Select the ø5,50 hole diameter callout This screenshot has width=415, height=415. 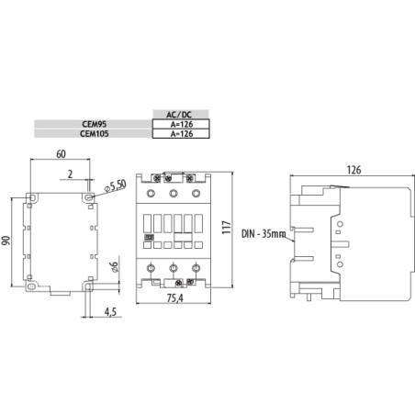(116, 185)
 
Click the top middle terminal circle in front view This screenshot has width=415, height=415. (172, 195)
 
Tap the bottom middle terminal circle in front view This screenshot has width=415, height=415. (172, 269)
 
